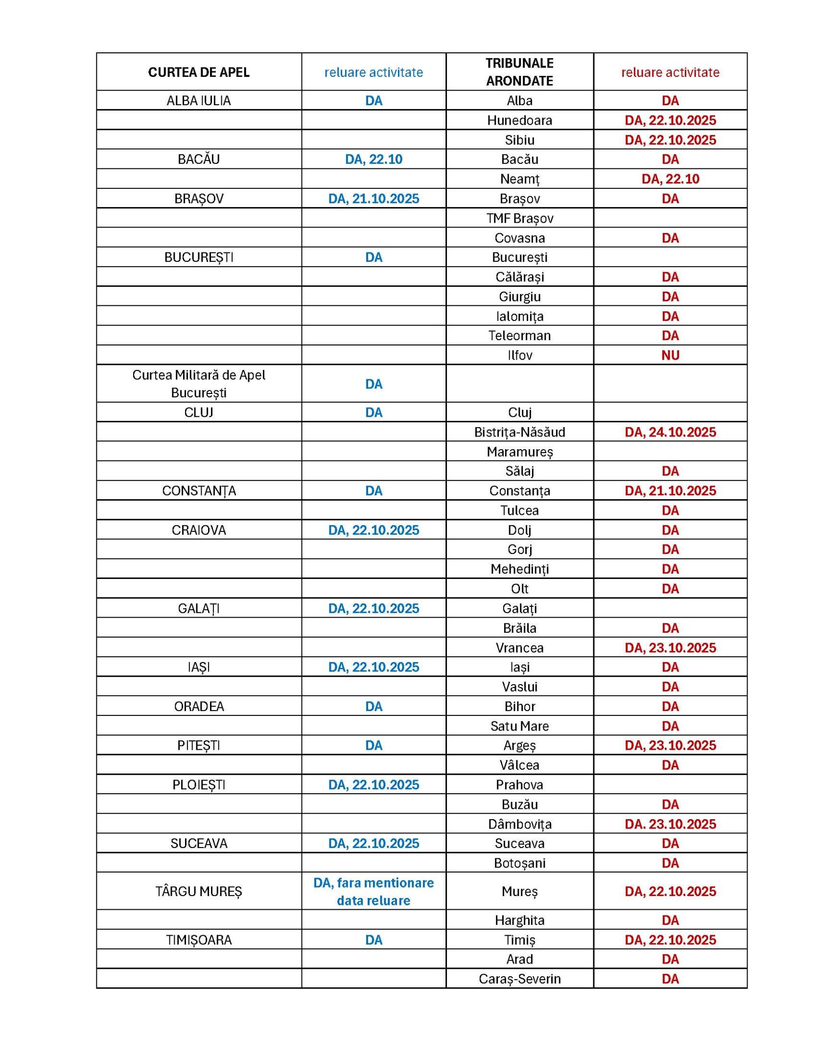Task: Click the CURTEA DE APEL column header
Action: [198, 72]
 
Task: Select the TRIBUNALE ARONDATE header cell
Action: [519, 72]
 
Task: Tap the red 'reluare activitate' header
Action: [670, 72]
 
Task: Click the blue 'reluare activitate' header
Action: [373, 72]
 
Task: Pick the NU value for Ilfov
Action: [670, 355]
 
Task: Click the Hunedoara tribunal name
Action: [519, 120]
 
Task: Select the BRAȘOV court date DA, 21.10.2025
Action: [373, 199]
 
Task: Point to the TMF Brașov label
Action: [519, 218]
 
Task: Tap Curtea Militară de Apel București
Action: [198, 384]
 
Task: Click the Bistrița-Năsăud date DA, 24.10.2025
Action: [670, 432]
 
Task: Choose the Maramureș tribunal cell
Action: [519, 452]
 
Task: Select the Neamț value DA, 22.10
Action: [670, 179]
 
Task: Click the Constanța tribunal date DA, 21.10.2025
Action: [670, 491]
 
